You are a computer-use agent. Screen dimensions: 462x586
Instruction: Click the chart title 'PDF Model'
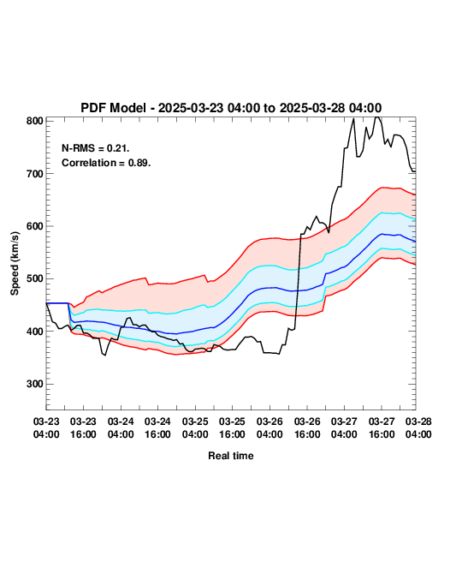[x=113, y=108]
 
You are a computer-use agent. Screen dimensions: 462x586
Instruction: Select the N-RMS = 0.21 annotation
[x=96, y=148]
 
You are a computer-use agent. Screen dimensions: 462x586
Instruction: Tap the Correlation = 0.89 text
[x=106, y=163]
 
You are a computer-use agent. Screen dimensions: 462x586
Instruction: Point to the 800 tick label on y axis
[x=35, y=121]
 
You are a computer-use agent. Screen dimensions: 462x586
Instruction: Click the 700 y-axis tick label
[x=35, y=173]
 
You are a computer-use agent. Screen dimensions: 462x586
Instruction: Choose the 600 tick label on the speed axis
[x=35, y=226]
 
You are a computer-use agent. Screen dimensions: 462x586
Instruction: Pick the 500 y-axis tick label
[x=35, y=278]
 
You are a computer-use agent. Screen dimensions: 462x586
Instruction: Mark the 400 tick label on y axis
[x=35, y=331]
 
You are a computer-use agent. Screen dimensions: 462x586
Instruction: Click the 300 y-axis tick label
[x=35, y=384]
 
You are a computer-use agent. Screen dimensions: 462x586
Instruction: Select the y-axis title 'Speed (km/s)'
[x=15, y=264]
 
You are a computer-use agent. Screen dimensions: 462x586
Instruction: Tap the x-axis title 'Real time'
[x=231, y=456]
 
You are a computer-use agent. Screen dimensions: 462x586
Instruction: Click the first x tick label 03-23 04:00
[x=46, y=428]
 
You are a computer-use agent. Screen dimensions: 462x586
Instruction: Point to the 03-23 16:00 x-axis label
[x=83, y=428]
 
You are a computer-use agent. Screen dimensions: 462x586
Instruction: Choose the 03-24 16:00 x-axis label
[x=157, y=428]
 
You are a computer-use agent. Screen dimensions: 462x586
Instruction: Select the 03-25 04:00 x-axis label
[x=195, y=428]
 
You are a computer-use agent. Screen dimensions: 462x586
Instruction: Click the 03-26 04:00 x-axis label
[x=269, y=428]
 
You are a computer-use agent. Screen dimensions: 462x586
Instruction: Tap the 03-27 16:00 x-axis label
[x=382, y=428]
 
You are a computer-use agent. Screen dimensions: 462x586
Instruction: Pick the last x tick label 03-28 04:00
[x=418, y=428]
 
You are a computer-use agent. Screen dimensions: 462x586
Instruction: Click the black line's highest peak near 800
[x=377, y=117]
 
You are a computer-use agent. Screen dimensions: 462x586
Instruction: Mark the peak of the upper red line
[x=382, y=188]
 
